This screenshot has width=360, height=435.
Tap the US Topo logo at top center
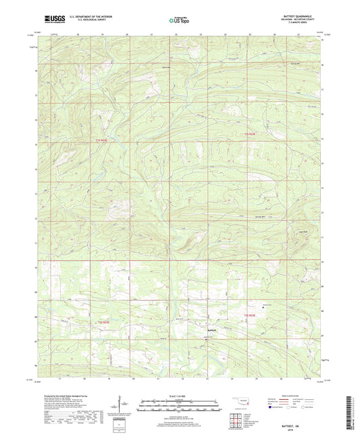[x=180, y=21]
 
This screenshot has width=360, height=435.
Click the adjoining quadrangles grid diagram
[x=236, y=418]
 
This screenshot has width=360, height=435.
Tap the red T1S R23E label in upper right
[x=249, y=134]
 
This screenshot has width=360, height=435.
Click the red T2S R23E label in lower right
[x=250, y=315]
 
